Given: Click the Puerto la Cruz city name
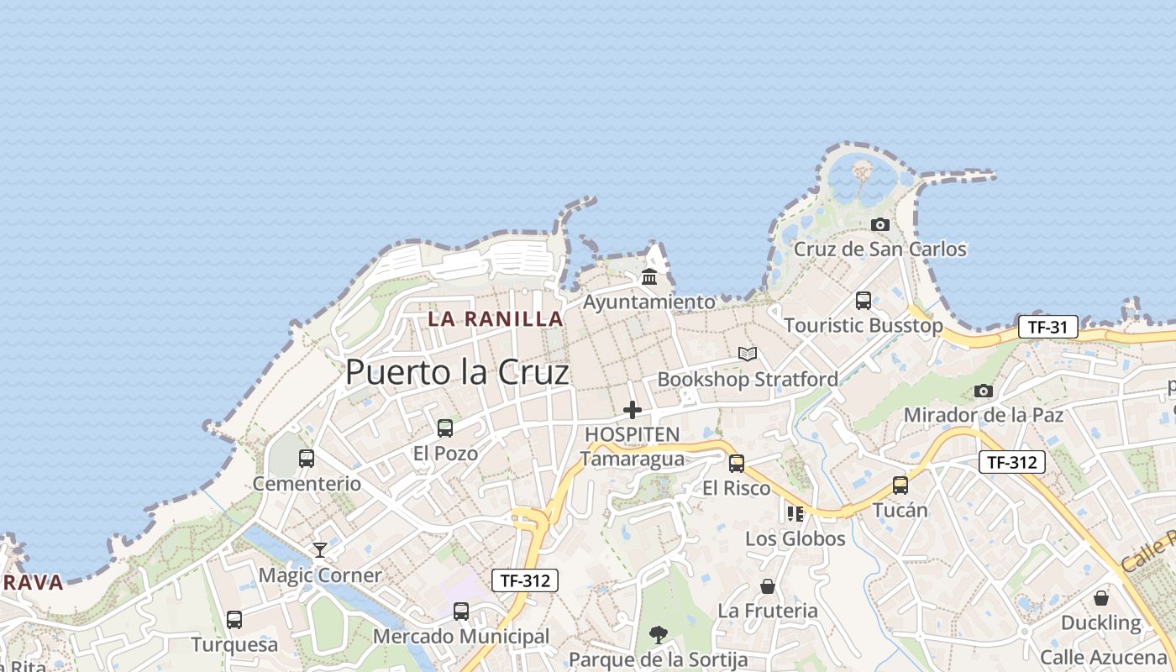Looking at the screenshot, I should [457, 372].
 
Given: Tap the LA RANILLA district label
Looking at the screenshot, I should [496, 319].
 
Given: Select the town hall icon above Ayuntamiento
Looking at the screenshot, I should [649, 276].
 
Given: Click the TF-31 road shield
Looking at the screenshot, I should [1047, 327].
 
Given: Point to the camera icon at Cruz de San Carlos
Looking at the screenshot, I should [880, 224].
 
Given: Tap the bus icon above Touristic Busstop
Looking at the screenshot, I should [864, 301].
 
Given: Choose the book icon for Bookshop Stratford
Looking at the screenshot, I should [748, 354].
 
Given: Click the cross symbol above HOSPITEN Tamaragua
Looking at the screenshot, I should [633, 410].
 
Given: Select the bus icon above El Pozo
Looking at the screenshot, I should [445, 428].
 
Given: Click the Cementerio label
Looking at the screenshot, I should [307, 484].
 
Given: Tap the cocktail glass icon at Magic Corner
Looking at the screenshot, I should [320, 550].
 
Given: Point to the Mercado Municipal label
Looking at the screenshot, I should [461, 637].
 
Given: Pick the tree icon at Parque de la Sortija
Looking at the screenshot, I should [659, 635].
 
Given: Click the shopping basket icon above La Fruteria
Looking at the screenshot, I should [768, 586].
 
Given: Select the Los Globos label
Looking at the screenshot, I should [795, 538].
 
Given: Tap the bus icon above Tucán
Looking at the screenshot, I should [900, 485].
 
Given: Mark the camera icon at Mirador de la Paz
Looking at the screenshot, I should [984, 391].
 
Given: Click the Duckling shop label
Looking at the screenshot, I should [1100, 623].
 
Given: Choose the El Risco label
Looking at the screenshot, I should [737, 488].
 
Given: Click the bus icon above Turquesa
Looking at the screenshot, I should [234, 620].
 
